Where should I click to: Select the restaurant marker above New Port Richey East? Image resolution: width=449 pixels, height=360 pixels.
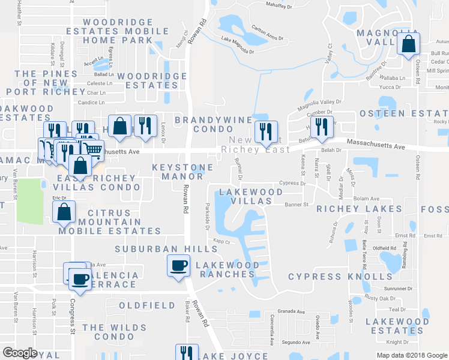point(265,131)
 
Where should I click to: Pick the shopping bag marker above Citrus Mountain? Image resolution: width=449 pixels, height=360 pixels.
point(64,211)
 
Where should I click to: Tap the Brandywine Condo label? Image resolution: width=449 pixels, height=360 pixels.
point(204,124)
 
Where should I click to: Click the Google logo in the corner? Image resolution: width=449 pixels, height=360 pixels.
point(20,353)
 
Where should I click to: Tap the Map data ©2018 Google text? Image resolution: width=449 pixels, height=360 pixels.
point(412,355)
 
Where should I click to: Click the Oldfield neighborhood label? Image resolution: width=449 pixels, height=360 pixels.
point(146,305)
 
